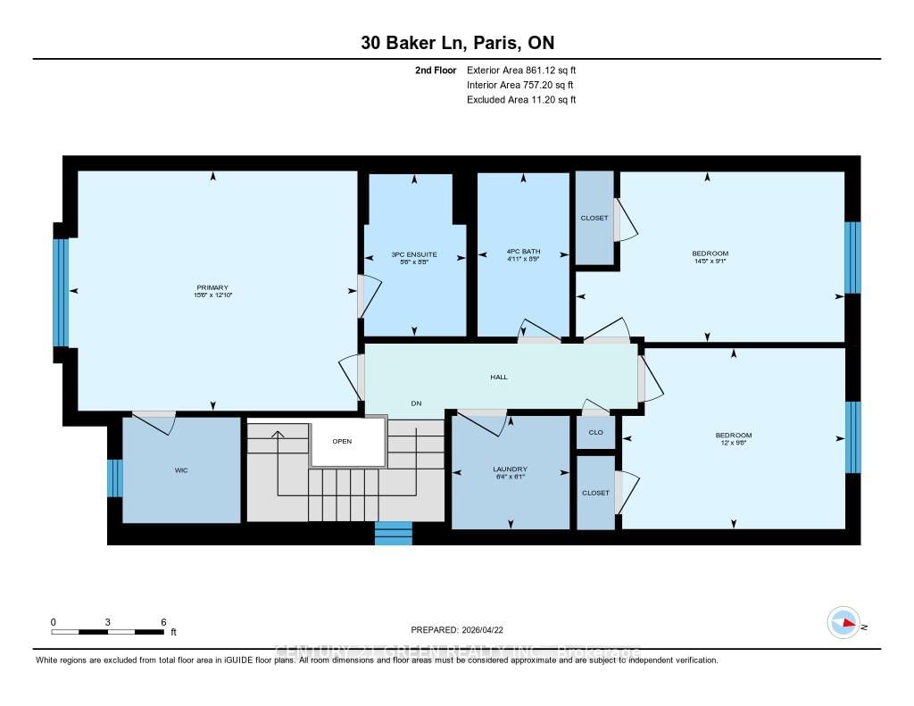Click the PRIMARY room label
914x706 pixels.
click(x=213, y=287)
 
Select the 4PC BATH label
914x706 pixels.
click(x=523, y=252)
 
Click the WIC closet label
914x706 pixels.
click(x=181, y=469)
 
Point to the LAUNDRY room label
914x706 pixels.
click(x=510, y=469)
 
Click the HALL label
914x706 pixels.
click(x=499, y=377)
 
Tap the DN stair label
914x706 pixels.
click(x=416, y=403)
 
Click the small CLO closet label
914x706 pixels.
click(x=595, y=433)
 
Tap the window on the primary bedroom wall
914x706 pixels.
click(x=60, y=292)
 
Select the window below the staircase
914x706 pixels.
click(x=393, y=533)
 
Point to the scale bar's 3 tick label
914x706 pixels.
click(x=107, y=621)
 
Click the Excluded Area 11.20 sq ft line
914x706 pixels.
click(x=521, y=100)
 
